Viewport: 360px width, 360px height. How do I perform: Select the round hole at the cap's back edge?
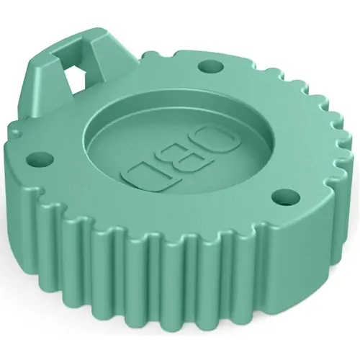[210, 67]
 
